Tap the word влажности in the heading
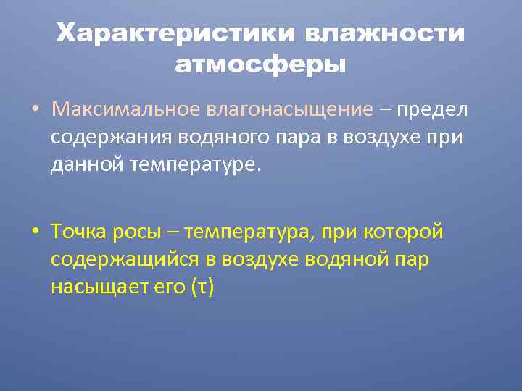coord(385,33)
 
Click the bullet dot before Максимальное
coord(34,110)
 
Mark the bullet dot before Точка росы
coord(34,232)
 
